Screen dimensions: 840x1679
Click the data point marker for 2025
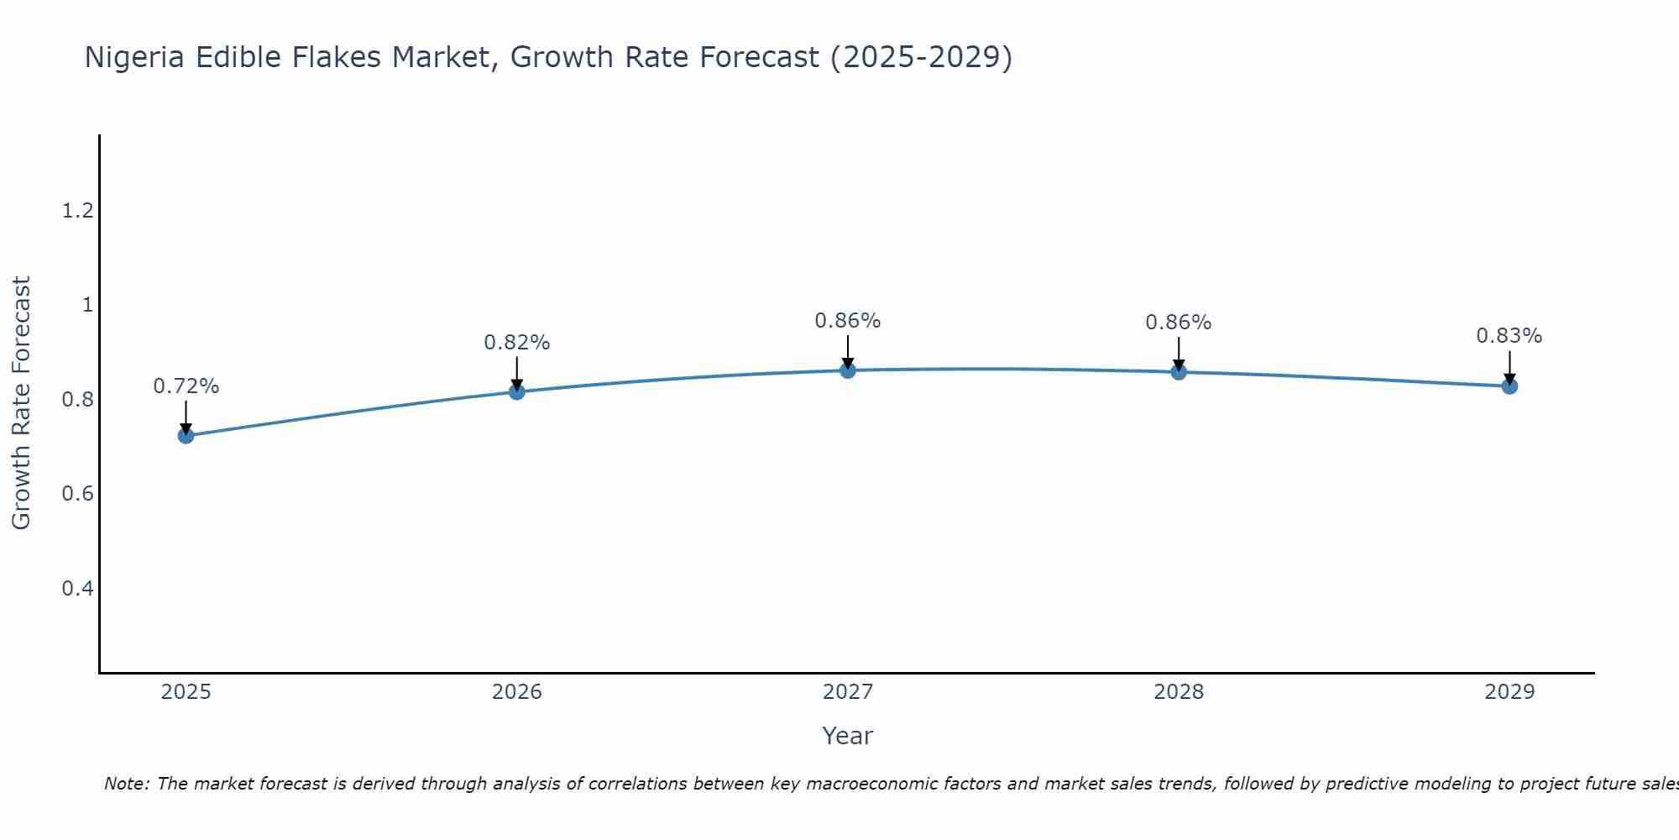[x=186, y=435]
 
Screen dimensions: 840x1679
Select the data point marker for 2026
[x=517, y=391]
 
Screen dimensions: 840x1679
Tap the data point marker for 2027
[x=848, y=370]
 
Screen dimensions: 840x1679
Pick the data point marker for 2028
[x=1179, y=371]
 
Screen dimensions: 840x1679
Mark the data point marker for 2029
[x=1509, y=386]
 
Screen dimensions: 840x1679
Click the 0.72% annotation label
[x=186, y=386]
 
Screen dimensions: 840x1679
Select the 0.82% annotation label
[x=517, y=343]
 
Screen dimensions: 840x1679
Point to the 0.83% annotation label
[x=1509, y=336]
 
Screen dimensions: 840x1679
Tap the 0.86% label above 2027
[x=848, y=321]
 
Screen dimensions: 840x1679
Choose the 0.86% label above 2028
[x=1179, y=323]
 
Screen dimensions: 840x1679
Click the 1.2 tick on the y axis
[x=77, y=210]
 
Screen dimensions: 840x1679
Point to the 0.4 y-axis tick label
[x=77, y=588]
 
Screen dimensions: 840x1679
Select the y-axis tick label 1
[x=87, y=305]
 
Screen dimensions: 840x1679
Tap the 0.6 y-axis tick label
[x=77, y=493]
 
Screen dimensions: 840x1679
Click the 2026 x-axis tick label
[x=517, y=692]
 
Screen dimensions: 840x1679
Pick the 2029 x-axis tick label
[x=1509, y=692]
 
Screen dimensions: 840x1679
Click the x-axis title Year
[x=848, y=736]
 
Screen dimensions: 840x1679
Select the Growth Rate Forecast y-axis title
[x=22, y=403]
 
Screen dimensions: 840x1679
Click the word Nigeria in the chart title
[x=136, y=57]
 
